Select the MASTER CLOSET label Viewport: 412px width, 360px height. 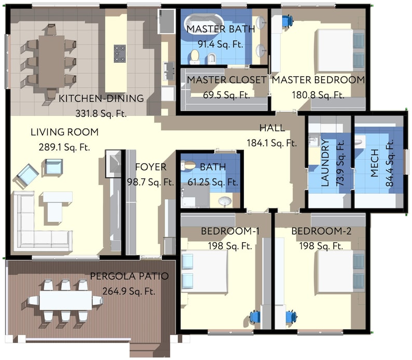[x=227, y=80]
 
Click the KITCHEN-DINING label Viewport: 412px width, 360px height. [x=101, y=99]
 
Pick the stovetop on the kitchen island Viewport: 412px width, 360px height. [x=120, y=52]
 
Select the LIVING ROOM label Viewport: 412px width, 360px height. [x=64, y=132]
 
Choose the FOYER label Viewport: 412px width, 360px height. [x=150, y=167]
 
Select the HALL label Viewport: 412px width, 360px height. [x=272, y=128]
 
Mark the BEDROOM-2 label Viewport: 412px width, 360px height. [x=321, y=231]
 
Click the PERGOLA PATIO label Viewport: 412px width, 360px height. [x=129, y=276]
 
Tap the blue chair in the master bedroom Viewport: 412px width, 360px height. [x=287, y=20]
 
